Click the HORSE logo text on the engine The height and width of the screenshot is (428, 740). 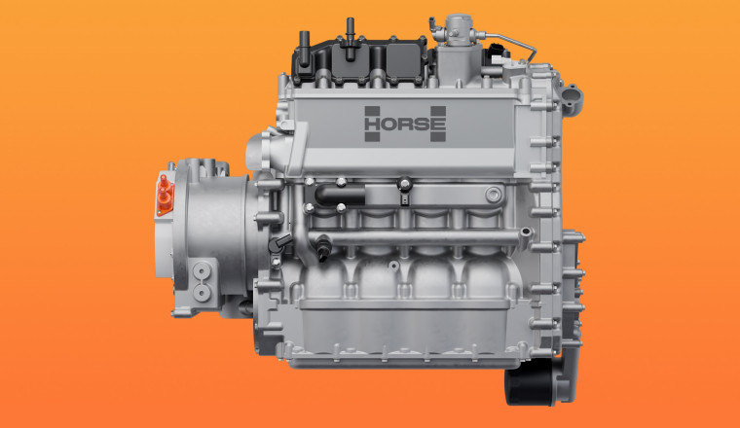(x=405, y=124)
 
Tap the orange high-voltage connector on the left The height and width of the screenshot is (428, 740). (x=165, y=196)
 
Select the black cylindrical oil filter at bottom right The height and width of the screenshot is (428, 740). (x=531, y=386)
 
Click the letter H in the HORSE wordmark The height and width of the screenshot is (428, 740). (x=372, y=124)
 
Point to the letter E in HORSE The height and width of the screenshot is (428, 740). (x=438, y=124)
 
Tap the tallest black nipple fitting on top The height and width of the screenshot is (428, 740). (x=350, y=39)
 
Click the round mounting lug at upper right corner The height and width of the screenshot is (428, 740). (x=573, y=98)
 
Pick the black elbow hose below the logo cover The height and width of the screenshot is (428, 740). (x=339, y=195)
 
